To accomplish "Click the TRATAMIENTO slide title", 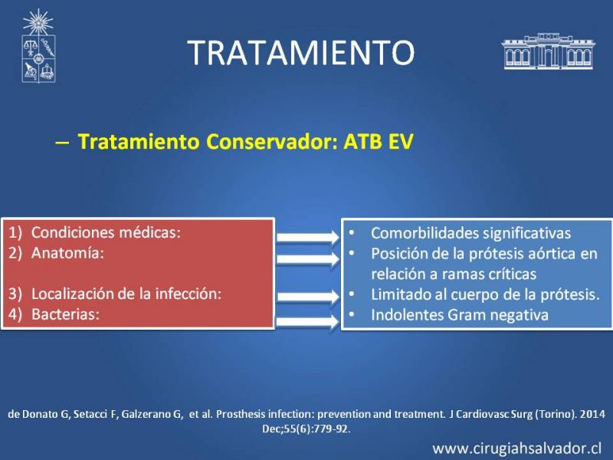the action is [x=300, y=52].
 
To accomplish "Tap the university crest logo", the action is [x=38, y=46].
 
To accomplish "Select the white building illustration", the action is [x=548, y=51].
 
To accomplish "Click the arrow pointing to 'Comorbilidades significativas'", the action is [x=308, y=237].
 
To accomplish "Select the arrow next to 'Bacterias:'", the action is [x=308, y=322].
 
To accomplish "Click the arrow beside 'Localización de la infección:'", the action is [x=308, y=297].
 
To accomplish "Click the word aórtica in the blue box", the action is [x=552, y=254].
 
